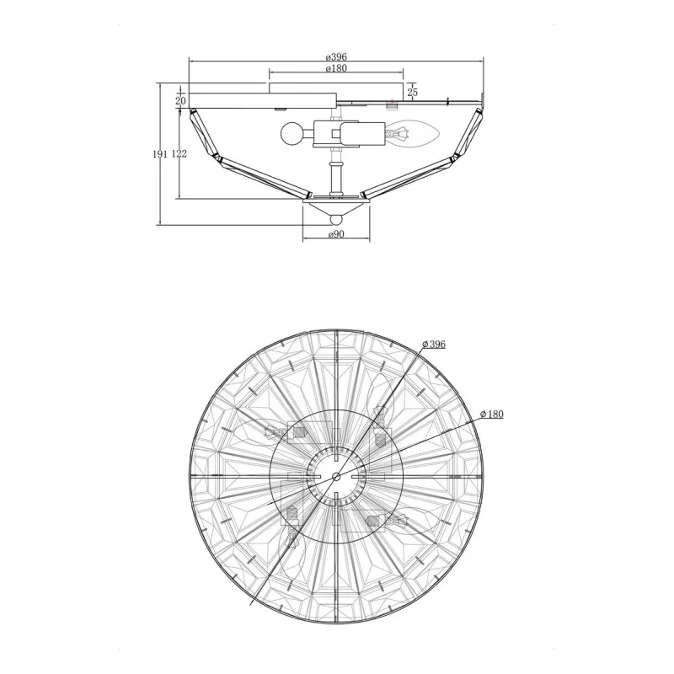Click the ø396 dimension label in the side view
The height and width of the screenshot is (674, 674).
[x=336, y=56]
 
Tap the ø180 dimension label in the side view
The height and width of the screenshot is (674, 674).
[x=336, y=68]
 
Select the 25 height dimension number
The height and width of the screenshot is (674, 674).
[x=412, y=92]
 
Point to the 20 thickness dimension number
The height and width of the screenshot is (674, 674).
[x=180, y=101]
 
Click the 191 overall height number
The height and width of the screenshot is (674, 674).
[x=160, y=154]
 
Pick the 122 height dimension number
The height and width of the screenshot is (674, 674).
[x=179, y=154]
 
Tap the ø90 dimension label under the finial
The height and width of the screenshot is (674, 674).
[x=336, y=234]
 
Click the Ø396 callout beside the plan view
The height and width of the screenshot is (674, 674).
[x=434, y=344]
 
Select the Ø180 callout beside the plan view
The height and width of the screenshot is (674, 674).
[x=491, y=414]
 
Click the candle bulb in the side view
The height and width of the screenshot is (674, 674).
[x=413, y=133]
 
